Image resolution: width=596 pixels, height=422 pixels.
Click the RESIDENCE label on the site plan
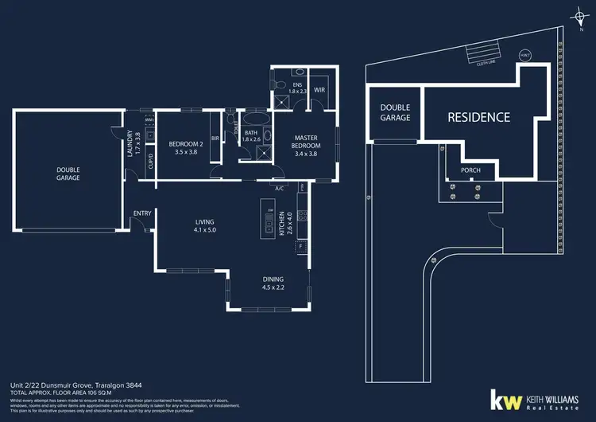click(x=478, y=117)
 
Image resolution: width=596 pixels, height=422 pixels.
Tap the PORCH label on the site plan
click(x=470, y=170)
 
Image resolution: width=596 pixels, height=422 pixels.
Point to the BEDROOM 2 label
click(x=188, y=148)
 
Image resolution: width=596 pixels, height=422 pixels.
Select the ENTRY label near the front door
click(x=142, y=213)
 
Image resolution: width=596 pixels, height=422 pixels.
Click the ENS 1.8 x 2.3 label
click(x=298, y=88)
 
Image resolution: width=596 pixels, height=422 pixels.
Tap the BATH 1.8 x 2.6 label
click(x=251, y=136)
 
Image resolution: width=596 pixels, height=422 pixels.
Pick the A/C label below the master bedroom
click(x=280, y=189)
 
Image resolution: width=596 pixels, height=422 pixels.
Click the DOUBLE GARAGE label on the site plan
click(x=395, y=112)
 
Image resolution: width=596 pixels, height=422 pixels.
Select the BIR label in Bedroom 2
click(x=215, y=138)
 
